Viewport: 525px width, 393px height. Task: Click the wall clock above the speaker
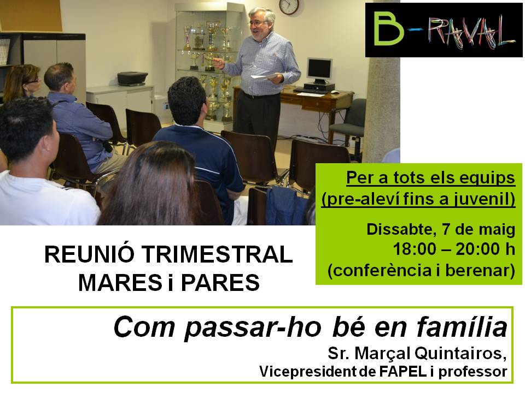click(289, 7)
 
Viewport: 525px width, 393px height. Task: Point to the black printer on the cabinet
click(132, 79)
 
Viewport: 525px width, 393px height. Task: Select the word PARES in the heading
click(220, 283)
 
